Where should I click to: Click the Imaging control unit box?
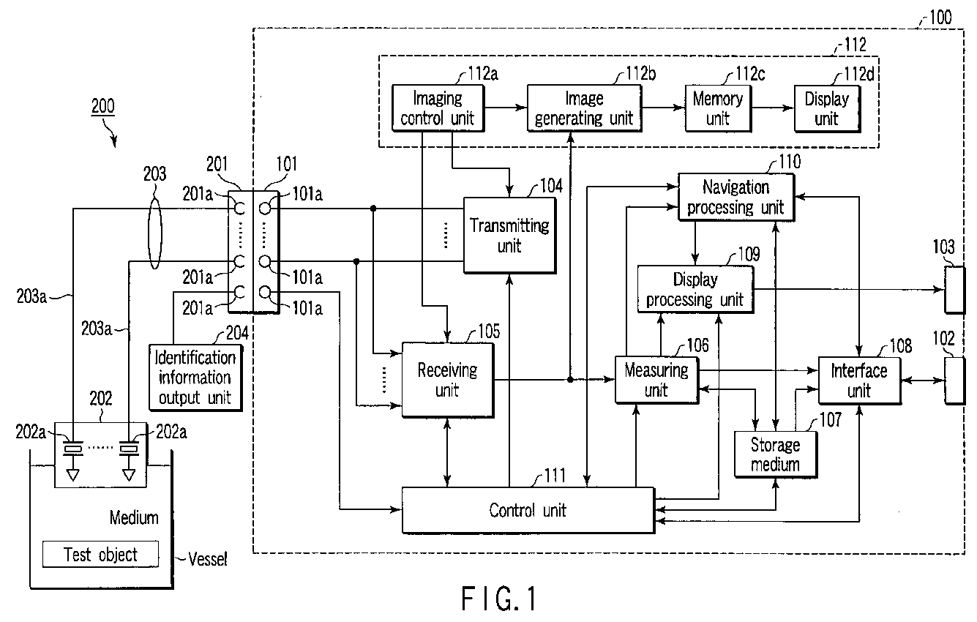click(438, 108)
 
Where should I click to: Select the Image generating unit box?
click(583, 108)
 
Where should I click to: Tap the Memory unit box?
click(717, 108)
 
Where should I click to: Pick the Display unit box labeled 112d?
click(826, 108)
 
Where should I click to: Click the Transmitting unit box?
click(508, 235)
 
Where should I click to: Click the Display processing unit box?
click(695, 289)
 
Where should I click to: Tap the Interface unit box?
click(858, 380)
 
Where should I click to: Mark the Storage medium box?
click(775, 454)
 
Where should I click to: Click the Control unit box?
click(527, 509)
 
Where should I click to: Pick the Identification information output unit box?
click(194, 377)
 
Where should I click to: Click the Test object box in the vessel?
click(100, 555)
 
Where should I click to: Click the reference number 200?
click(102, 106)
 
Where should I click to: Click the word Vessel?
click(208, 560)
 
